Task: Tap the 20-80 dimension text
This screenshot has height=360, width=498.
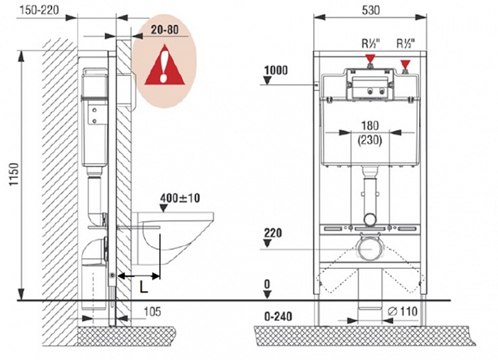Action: (164, 32)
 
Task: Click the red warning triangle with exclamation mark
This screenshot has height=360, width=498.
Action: (164, 65)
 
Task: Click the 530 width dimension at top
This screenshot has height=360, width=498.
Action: (369, 11)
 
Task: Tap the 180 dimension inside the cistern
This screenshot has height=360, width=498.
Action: (370, 127)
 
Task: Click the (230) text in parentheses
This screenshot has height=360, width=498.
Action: (370, 141)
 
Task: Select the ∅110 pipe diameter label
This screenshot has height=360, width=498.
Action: (403, 311)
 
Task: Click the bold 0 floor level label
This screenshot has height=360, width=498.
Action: (267, 284)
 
